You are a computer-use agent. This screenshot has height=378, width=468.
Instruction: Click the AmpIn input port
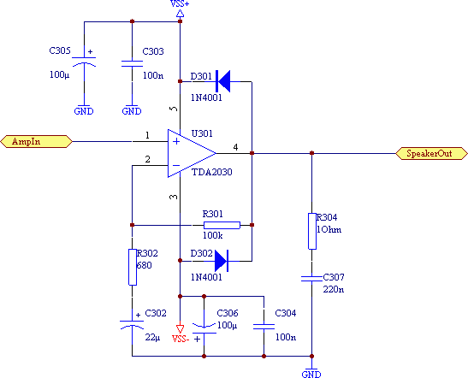click(x=37, y=141)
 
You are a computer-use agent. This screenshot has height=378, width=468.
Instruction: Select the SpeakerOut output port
click(x=431, y=153)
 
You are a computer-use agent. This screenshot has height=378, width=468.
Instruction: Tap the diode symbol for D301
click(x=223, y=81)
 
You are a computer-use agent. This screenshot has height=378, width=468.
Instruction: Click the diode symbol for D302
click(x=222, y=261)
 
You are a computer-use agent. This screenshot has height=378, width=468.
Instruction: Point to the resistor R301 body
click(x=222, y=225)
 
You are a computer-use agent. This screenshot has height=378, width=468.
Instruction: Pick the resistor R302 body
click(x=133, y=267)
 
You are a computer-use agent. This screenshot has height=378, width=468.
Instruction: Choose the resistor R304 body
click(x=312, y=231)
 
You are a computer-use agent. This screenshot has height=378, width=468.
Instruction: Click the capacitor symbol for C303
click(x=132, y=63)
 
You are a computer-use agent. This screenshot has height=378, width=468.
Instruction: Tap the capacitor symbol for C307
click(x=312, y=279)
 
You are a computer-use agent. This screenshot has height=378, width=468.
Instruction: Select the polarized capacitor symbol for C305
click(x=84, y=61)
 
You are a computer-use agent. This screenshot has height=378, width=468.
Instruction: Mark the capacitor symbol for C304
click(x=264, y=327)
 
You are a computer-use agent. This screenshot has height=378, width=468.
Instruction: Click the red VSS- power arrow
click(x=180, y=328)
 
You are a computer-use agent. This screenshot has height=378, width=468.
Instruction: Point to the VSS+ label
click(x=180, y=3)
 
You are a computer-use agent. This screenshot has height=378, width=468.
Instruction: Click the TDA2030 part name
click(x=211, y=172)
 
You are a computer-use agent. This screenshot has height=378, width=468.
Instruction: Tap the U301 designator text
click(x=202, y=133)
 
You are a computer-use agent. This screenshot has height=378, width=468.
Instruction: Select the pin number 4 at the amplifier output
click(x=235, y=147)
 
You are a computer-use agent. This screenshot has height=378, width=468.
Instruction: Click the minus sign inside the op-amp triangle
click(x=176, y=165)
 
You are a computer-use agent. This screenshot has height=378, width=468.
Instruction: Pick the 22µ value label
click(x=152, y=338)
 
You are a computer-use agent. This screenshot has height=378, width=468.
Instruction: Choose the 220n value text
click(x=334, y=289)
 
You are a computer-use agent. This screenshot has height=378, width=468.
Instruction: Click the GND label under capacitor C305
click(x=84, y=111)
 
